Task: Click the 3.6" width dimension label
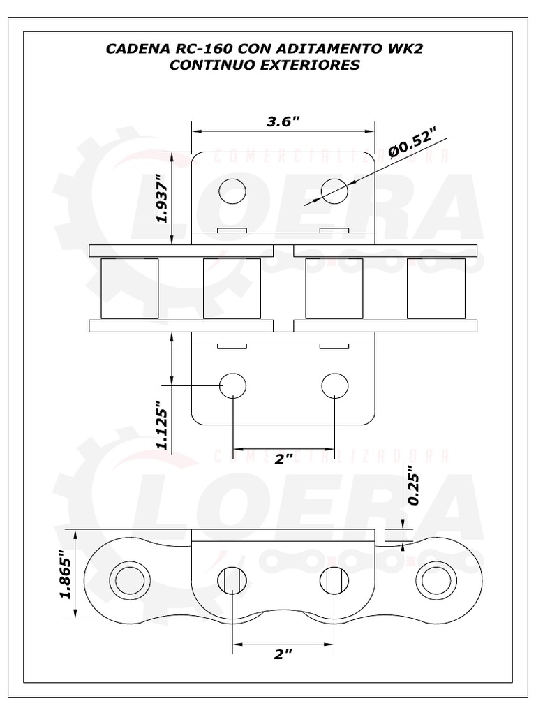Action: [283, 121]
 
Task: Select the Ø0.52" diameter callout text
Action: [412, 144]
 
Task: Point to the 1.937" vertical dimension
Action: [162, 198]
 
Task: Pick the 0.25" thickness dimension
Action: [413, 485]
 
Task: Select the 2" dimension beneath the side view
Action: [283, 654]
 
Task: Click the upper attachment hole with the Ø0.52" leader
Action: [334, 191]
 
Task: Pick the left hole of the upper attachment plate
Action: [232, 191]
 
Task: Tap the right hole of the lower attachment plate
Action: [334, 385]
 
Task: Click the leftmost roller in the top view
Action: [129, 288]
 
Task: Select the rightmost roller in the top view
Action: [436, 288]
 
